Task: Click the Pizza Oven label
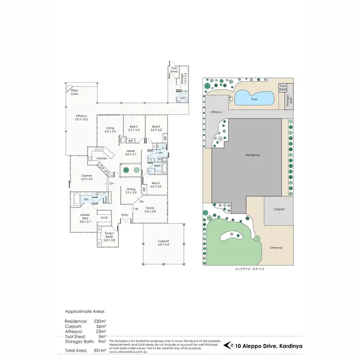(x=74, y=92)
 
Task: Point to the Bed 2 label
(x=134, y=128)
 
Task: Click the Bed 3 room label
(x=155, y=128)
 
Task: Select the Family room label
(x=150, y=209)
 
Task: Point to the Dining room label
(x=131, y=191)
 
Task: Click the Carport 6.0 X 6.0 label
(x=164, y=243)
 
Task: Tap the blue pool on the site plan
(x=254, y=99)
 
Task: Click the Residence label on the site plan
(x=252, y=155)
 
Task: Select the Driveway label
(x=276, y=248)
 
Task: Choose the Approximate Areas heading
(x=85, y=311)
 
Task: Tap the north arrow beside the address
(x=232, y=345)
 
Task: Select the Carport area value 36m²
(x=101, y=326)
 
